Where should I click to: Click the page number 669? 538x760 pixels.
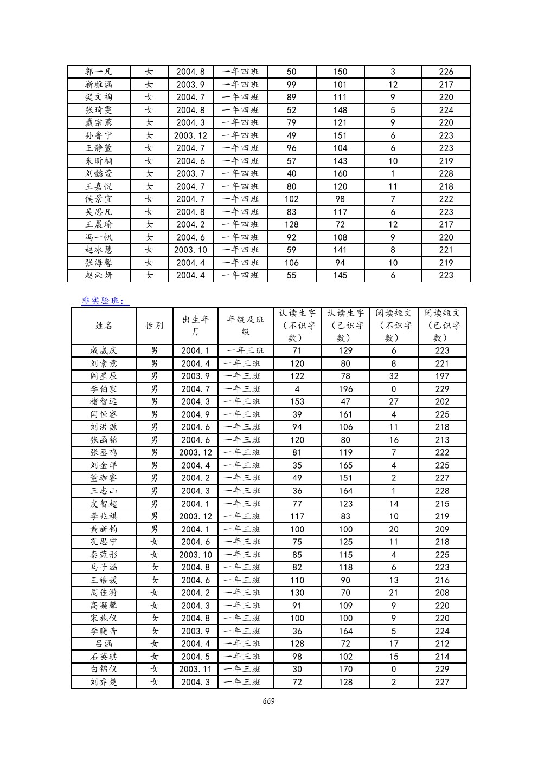(x=268, y=701)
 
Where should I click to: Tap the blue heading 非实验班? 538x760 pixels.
(x=105, y=301)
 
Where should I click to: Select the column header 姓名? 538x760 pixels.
(x=104, y=326)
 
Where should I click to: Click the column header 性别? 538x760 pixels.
(x=154, y=326)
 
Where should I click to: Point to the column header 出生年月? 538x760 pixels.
(x=195, y=326)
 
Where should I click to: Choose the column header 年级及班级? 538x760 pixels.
(x=245, y=326)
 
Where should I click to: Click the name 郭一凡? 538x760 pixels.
(x=99, y=72)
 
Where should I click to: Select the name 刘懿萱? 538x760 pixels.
(x=99, y=173)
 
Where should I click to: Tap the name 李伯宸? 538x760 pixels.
(x=104, y=389)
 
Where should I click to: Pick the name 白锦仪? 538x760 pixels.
(x=104, y=669)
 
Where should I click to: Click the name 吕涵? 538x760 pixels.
(x=104, y=644)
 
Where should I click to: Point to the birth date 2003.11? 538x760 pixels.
(x=195, y=669)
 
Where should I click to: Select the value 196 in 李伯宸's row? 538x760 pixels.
(x=345, y=389)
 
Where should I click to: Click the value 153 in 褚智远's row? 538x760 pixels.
(x=297, y=401)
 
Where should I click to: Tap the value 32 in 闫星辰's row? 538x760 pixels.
(x=394, y=376)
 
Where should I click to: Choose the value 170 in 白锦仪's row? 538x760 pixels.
(x=345, y=669)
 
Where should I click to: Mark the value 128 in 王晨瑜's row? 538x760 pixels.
(x=292, y=224)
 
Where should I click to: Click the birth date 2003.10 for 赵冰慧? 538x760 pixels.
(x=191, y=250)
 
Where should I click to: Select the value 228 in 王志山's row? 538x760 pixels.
(x=442, y=491)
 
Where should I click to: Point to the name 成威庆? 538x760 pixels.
(x=104, y=350)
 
